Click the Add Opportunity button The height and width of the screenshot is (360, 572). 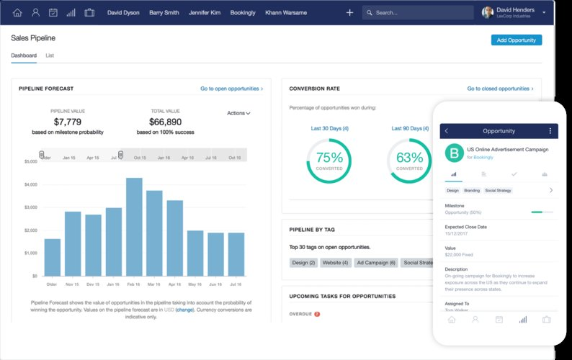[517, 40]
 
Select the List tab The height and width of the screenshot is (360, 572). [50, 55]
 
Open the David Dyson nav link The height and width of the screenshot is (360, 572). [124, 12]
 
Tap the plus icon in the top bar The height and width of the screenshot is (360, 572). [350, 12]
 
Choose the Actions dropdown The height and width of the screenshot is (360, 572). [238, 113]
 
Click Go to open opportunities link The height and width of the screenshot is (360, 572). [231, 89]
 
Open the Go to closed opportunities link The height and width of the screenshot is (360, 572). [500, 89]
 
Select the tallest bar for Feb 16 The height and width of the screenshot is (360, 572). [134, 226]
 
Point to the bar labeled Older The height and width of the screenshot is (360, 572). [53, 257]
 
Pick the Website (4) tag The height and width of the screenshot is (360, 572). [336, 263]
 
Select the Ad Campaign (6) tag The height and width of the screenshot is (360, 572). [377, 263]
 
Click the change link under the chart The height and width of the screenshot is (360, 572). [184, 310]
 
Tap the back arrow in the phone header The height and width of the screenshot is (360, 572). [447, 131]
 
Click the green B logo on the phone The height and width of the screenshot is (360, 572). [454, 153]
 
